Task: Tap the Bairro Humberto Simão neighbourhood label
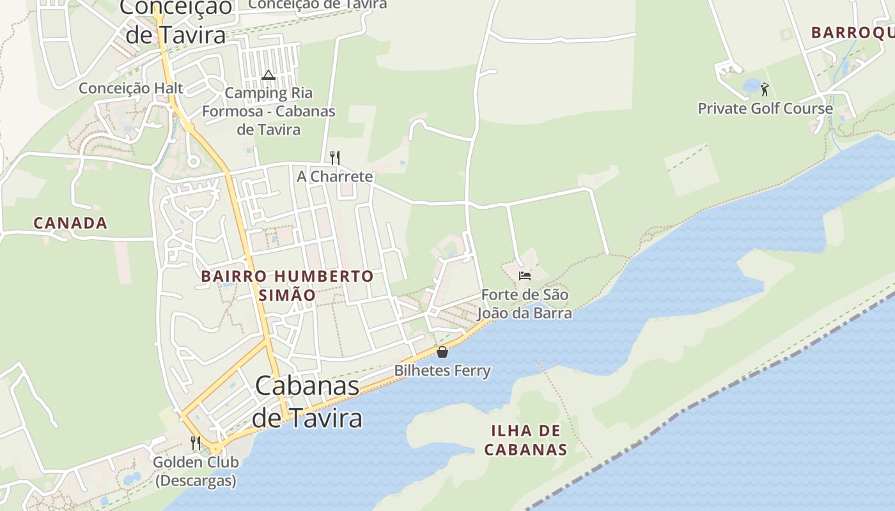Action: (x=287, y=286)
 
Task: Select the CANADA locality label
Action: (x=70, y=223)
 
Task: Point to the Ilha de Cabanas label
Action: (x=525, y=439)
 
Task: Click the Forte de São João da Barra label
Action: (x=524, y=304)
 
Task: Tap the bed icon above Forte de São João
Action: (x=525, y=276)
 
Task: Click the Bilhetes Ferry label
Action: (x=442, y=370)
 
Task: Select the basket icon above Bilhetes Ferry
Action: (x=442, y=351)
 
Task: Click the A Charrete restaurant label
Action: (x=334, y=176)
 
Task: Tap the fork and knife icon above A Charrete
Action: (x=334, y=157)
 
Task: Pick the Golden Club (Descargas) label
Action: (x=196, y=471)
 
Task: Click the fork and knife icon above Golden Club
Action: (x=196, y=442)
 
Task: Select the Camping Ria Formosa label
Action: (x=268, y=111)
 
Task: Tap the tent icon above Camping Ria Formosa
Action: (x=268, y=75)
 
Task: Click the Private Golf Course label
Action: (x=765, y=108)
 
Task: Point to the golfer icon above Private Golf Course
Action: (x=765, y=89)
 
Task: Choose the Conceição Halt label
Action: (x=131, y=88)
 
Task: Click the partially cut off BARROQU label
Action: (x=852, y=33)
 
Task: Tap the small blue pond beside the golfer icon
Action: (x=751, y=86)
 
